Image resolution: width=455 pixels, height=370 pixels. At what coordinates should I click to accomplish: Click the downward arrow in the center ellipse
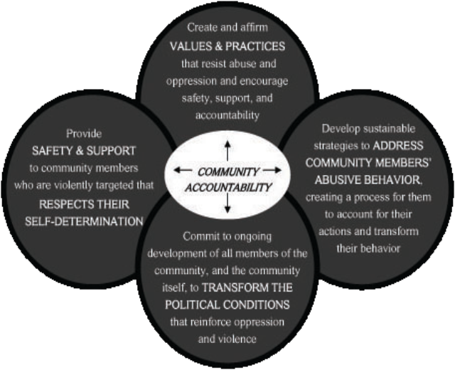(227, 204)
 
